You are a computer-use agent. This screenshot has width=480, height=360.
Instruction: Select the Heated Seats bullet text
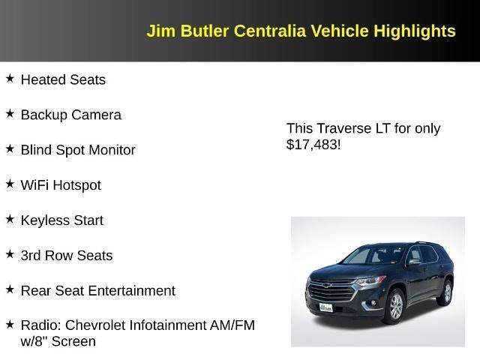pos(63,79)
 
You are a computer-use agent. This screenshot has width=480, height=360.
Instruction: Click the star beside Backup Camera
pos(10,113)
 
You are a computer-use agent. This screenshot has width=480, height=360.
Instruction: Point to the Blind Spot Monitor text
pos(78,150)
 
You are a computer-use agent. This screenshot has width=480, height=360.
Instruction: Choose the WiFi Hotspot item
pos(61,185)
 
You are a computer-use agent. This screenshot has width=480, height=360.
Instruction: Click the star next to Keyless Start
pos(10,219)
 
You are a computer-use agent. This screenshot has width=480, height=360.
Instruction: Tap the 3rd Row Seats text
pos(67,256)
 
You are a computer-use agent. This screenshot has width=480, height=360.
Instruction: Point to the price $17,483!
pos(313,144)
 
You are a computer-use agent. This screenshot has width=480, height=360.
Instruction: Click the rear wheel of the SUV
pos(446,292)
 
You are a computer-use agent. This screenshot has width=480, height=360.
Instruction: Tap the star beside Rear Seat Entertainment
pos(10,289)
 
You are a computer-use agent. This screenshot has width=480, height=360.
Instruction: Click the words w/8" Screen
pos(58,342)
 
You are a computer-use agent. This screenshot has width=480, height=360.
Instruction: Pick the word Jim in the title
pos(158,31)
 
